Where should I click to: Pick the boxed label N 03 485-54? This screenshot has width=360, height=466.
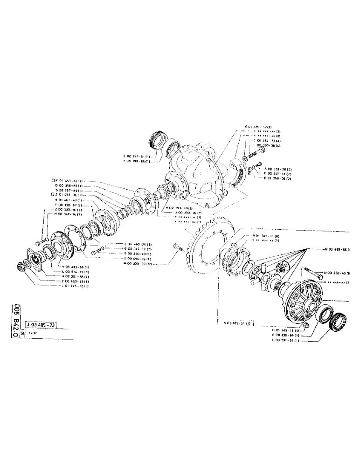(237, 323)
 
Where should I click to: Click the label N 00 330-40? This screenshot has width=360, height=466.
(337, 273)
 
